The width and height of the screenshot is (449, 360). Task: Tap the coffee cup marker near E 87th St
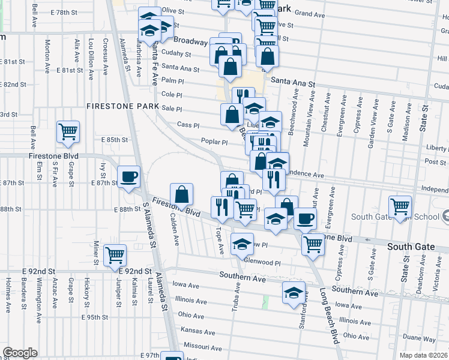tap(129, 176)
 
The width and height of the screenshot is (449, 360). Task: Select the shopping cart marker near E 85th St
tap(68, 131)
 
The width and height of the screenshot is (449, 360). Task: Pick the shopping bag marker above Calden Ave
tap(181, 194)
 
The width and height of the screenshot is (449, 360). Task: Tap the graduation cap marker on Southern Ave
tap(294, 293)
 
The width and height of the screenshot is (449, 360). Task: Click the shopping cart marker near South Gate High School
tap(399, 207)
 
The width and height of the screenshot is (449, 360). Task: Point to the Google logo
tap(19, 353)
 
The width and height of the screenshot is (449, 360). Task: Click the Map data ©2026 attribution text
tap(424, 355)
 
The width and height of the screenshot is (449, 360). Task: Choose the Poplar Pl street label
tap(215, 142)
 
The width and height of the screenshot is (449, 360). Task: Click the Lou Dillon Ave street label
tap(91, 59)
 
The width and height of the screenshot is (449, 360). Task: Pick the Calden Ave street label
tap(175, 229)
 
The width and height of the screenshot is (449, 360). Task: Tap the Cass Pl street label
tap(187, 125)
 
